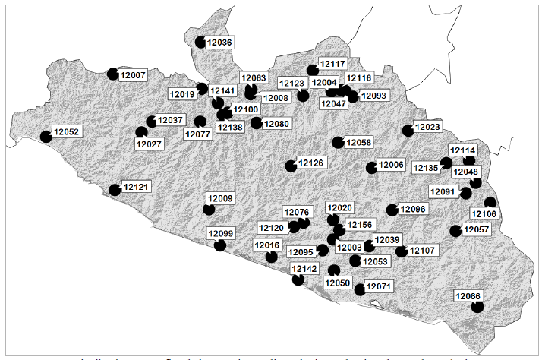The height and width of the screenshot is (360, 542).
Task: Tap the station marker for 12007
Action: pyautogui.click(x=113, y=74)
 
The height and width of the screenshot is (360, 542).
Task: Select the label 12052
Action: pyautogui.click(x=66, y=131)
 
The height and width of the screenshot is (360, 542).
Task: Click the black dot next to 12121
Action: pyautogui.click(x=115, y=190)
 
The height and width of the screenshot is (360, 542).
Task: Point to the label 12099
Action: pyautogui.click(x=221, y=233)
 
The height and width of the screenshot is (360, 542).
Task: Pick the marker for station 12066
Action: pyautogui.click(x=477, y=307)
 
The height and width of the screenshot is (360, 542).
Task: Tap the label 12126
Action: pyautogui.click(x=310, y=163)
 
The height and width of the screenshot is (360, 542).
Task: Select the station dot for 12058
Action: pyautogui.click(x=339, y=142)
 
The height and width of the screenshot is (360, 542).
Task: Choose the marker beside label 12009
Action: pyautogui.click(x=210, y=210)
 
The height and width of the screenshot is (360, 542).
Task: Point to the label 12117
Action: pyautogui.click(x=332, y=65)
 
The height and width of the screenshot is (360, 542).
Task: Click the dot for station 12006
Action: pyautogui.click(x=371, y=168)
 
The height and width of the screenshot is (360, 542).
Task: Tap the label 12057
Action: pyautogui.click(x=477, y=229)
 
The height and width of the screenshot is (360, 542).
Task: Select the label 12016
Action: pyautogui.click(x=267, y=245)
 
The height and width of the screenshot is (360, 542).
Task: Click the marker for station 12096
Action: pyautogui.click(x=392, y=210)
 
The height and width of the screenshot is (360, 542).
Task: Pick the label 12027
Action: pyautogui.click(x=149, y=144)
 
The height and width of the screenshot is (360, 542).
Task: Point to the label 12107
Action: pyautogui.click(x=422, y=250)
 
